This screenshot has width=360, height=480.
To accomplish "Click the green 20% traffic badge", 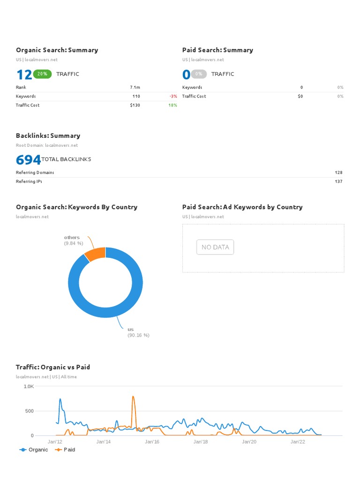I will click(42, 74).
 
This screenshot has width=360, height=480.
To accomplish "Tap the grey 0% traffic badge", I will click(199, 74).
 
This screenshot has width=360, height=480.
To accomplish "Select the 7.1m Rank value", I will click(135, 87).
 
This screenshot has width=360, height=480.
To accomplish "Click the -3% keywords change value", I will click(173, 96).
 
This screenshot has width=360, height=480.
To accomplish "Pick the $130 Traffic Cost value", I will click(135, 105).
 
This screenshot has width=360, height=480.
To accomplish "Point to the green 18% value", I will click(173, 105).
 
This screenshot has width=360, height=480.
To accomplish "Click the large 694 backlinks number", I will click(28, 160).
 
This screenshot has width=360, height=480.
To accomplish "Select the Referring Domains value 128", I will click(338, 172).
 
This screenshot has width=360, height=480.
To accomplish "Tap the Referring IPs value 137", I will click(338, 181).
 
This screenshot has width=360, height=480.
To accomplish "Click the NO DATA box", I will click(215, 247).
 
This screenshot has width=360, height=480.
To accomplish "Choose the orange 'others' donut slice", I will click(95, 254).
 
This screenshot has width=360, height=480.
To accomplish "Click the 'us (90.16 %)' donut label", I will click(138, 332).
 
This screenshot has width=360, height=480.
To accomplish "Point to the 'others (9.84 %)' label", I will click(74, 240).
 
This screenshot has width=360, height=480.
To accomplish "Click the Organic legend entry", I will click(34, 450).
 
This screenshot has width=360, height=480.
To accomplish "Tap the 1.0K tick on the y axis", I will click(29, 387).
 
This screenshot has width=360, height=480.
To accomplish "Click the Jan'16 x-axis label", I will click(152, 442).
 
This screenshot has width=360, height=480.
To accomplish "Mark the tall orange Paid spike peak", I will click(133, 397).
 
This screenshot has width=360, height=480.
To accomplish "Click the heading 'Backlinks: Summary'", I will click(48, 135).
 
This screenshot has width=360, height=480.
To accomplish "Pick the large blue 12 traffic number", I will click(24, 75).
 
